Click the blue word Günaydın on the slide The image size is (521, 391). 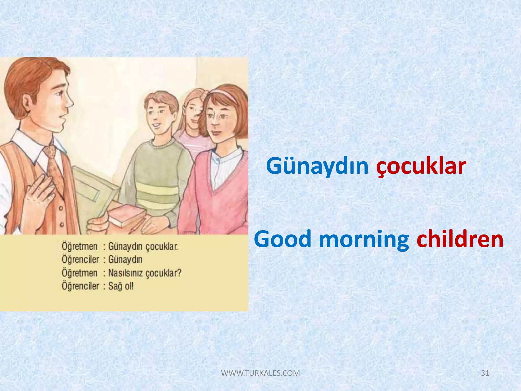click(x=317, y=166)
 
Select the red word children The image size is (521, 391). click(x=460, y=239)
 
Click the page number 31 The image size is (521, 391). click(x=485, y=373)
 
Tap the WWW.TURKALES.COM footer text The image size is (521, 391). click(x=260, y=373)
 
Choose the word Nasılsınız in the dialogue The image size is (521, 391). click(x=126, y=273)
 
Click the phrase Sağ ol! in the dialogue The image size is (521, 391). click(x=121, y=286)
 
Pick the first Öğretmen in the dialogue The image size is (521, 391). click(x=80, y=246)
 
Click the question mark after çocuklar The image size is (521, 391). click(x=179, y=273)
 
